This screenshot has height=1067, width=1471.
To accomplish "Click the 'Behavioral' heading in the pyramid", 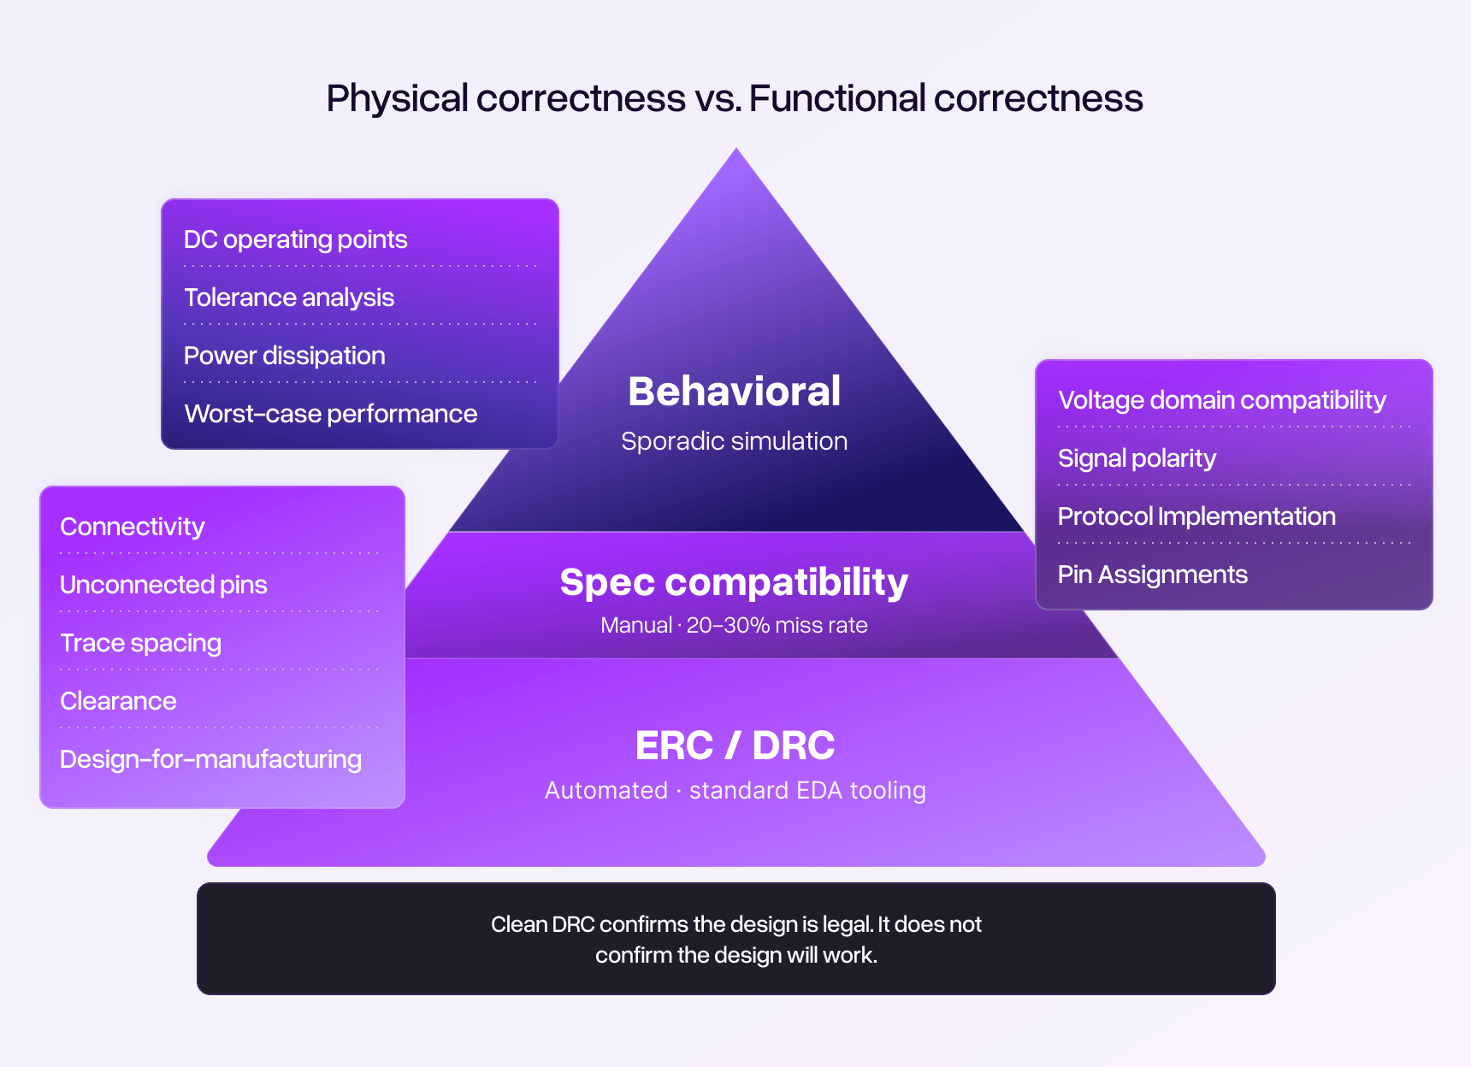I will pos(734,392).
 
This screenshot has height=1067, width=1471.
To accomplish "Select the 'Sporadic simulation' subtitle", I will pos(734,441).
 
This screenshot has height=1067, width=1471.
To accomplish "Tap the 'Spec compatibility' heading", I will pos(734,582).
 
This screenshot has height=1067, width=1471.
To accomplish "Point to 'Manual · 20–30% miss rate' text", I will pos(734,625).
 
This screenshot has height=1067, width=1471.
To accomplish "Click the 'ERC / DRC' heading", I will pos(734,745).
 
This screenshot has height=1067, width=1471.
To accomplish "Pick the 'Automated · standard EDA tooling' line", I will pos(735,790).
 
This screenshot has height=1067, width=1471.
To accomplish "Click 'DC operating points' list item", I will pos(295,239).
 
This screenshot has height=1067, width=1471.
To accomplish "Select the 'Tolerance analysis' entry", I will pos(289,298).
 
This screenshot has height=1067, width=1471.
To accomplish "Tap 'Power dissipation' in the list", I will pos(284,356).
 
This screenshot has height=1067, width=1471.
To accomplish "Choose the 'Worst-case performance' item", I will pos(330,414).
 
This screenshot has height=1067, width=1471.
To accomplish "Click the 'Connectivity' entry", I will pos(132,527).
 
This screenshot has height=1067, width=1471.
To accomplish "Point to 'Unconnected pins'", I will pos(163,585).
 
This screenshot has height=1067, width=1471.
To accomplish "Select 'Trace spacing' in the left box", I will pos(140,643).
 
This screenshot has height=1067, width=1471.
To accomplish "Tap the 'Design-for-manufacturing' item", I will pos(210,759).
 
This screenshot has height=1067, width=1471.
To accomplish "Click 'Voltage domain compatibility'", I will pos(1221,400).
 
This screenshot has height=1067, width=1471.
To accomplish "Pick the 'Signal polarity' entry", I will pos(1137,458).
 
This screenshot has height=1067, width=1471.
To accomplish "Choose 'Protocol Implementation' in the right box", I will pos(1196,516).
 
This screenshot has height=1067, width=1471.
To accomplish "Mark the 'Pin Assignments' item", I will pos(1152,575).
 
